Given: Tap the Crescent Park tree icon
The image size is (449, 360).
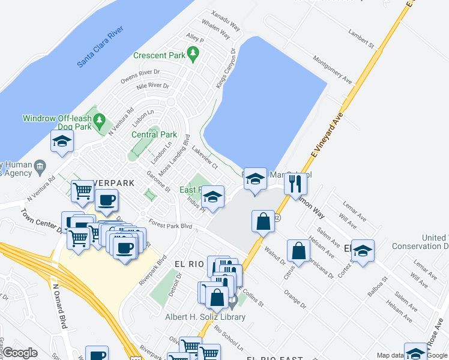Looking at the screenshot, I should pyautogui.click(x=193, y=55).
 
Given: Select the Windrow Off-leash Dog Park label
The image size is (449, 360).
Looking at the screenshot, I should pyautogui.click(x=57, y=122).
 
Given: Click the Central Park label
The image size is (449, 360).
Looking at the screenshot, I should pyautogui.click(x=154, y=134).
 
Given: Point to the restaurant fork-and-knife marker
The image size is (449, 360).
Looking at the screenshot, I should pyautogui.click(x=294, y=183).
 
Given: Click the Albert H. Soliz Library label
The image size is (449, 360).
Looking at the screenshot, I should pyautogui.click(x=205, y=317).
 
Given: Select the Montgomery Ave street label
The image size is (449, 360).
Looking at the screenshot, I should pyautogui.click(x=332, y=70).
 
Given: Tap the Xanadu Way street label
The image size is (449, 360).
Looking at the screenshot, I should pyautogui.click(x=226, y=20).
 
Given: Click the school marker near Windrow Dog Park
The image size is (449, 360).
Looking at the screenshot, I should pyautogui.click(x=62, y=142).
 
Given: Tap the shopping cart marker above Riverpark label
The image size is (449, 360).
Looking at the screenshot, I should pyautogui.click(x=83, y=191).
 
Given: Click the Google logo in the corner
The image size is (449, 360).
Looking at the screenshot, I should pyautogui.click(x=20, y=353).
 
